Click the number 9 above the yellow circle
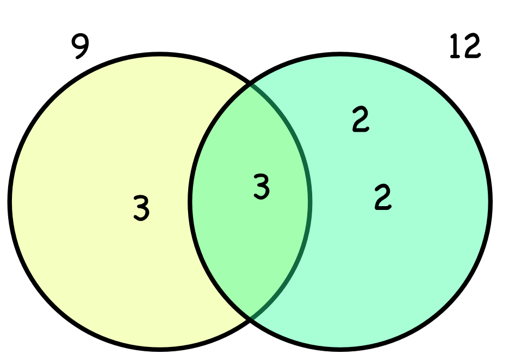coord(80,47)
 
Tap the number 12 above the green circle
coord(465,47)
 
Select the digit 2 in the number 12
coord(471,47)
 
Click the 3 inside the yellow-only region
coord(141,208)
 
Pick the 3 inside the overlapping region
coord(262,187)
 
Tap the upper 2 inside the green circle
coord(361,120)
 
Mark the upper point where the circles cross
coord(250,85)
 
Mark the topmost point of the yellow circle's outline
coord(160,54)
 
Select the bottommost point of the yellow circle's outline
coord(160,347)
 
